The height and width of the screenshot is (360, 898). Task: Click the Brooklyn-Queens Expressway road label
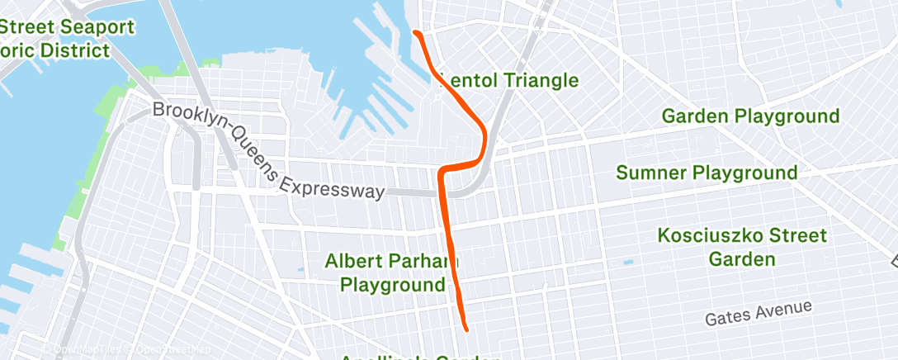(x=268, y=150)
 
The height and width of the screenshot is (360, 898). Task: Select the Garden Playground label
(x=750, y=116)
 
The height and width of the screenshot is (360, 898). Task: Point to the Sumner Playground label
(x=707, y=173)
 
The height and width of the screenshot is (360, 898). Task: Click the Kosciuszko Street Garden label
(x=742, y=247)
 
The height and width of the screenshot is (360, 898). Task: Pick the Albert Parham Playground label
(x=392, y=273)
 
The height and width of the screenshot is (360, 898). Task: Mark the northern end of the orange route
(x=415, y=33)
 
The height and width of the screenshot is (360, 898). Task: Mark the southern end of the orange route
(x=466, y=329)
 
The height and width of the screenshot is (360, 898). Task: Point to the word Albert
(x=353, y=262)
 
